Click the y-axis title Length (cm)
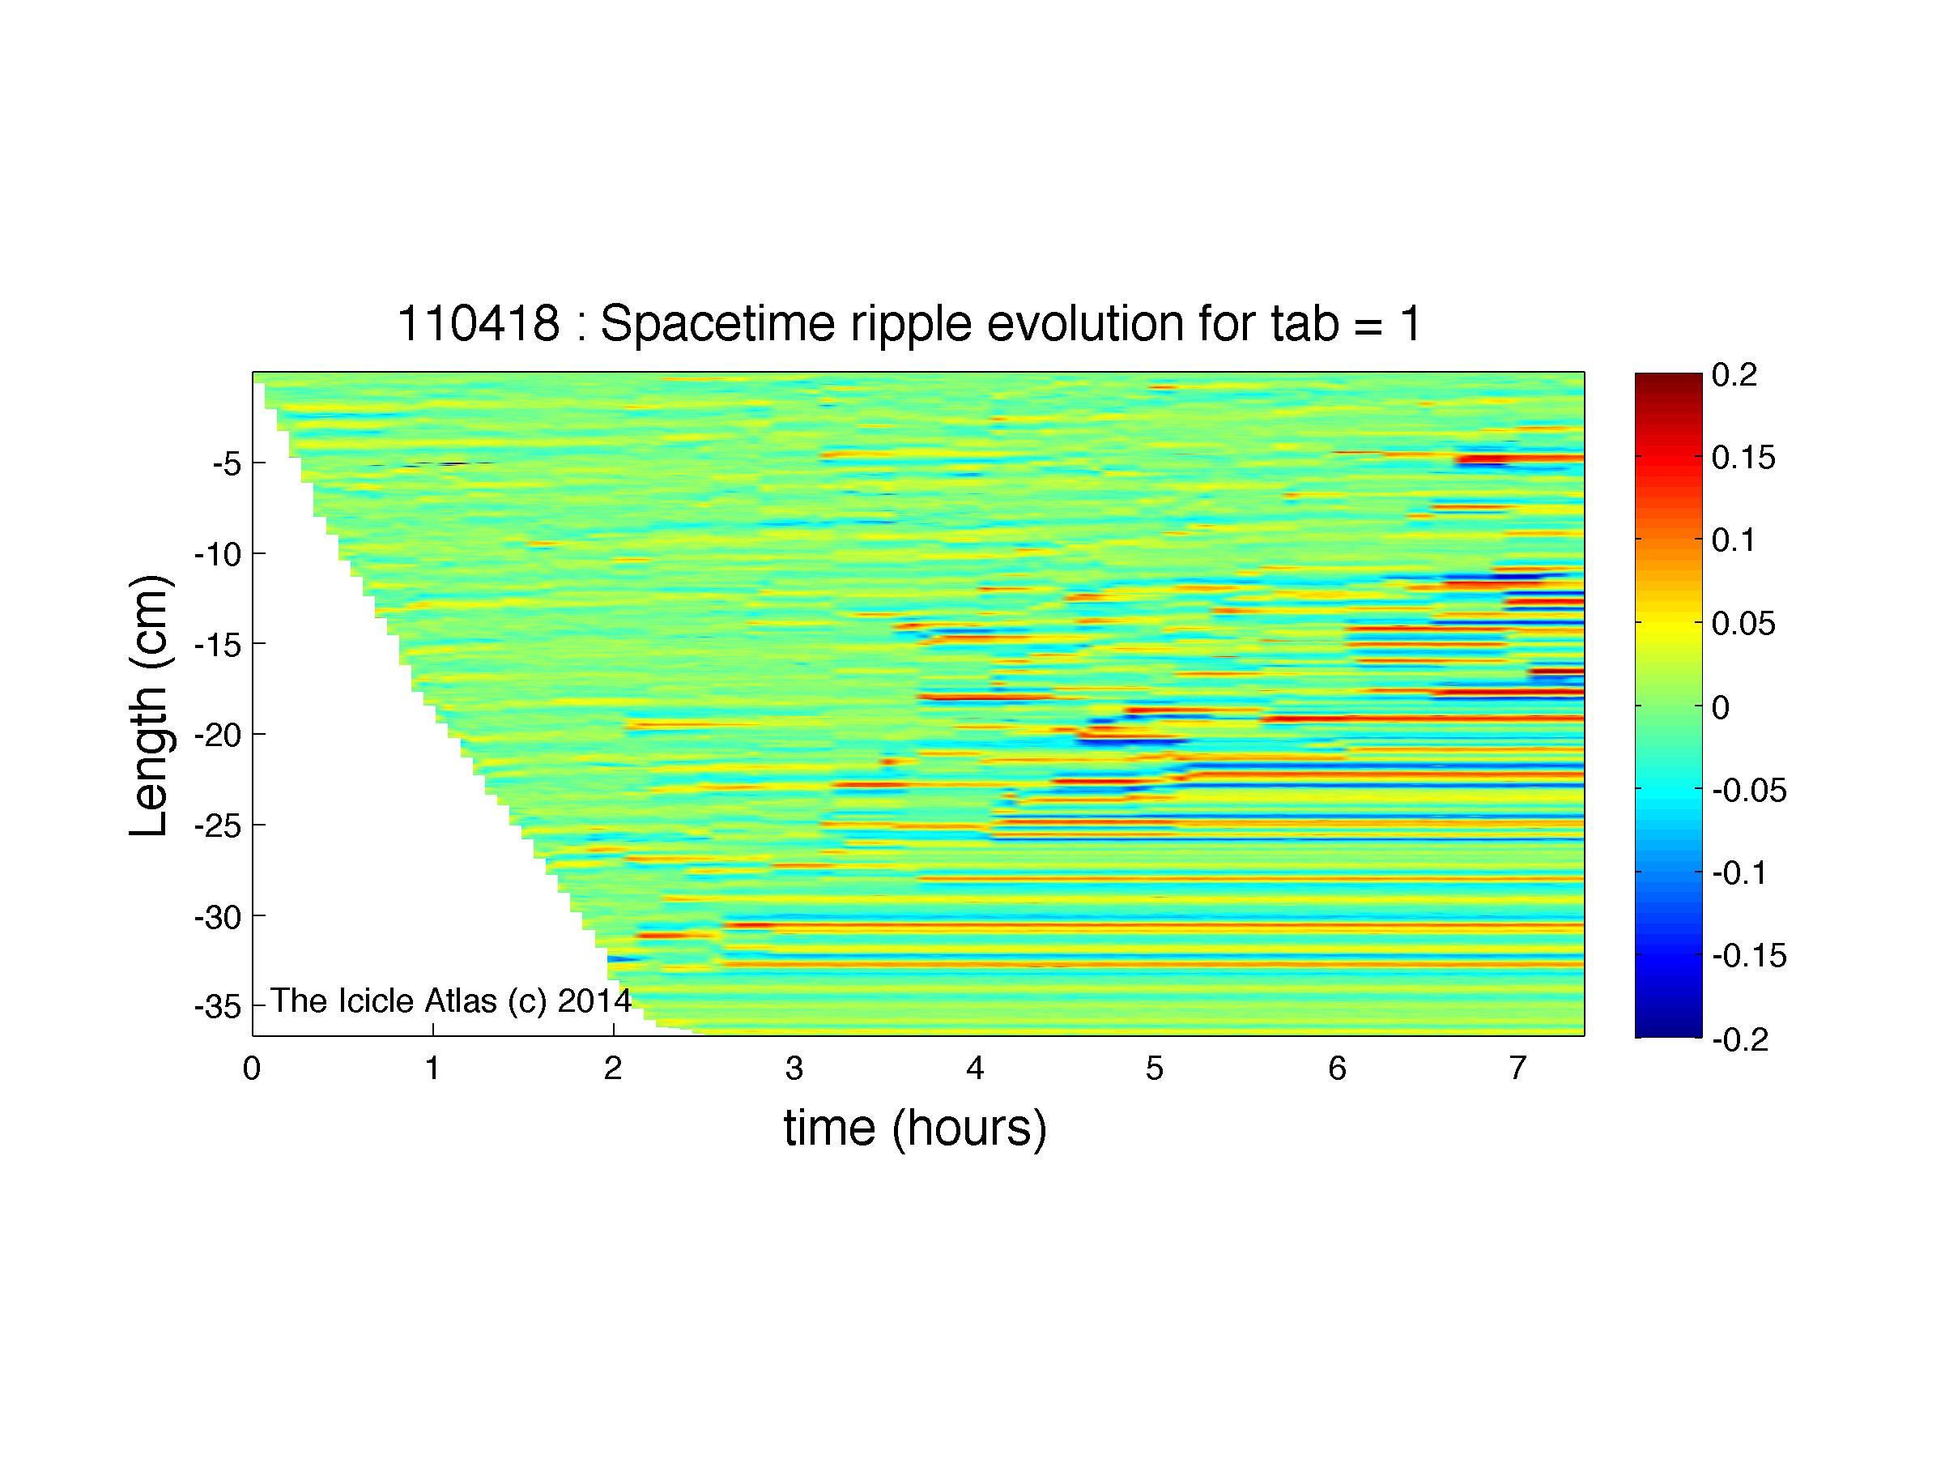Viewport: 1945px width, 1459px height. pyautogui.click(x=150, y=706)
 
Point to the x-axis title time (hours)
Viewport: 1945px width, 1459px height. pyautogui.click(x=915, y=1128)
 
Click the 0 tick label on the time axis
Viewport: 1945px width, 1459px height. pyautogui.click(x=253, y=1069)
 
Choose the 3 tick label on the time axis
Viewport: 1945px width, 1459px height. pyautogui.click(x=794, y=1069)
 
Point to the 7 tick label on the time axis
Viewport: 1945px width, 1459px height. pyautogui.click(x=1517, y=1069)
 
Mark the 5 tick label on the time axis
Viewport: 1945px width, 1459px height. pyautogui.click(x=1155, y=1069)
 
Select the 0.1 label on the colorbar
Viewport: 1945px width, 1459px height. pyautogui.click(x=1734, y=540)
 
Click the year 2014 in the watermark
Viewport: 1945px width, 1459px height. pyautogui.click(x=594, y=1000)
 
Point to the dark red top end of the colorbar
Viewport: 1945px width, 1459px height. pyautogui.click(x=1668, y=378)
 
